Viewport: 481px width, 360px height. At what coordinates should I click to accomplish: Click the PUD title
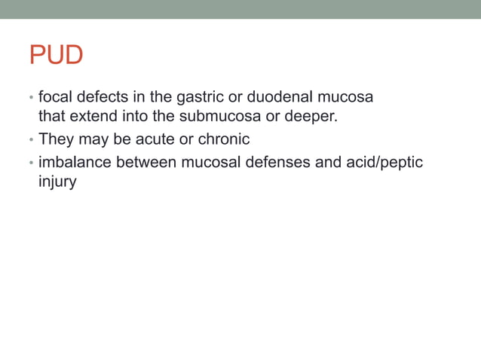56,56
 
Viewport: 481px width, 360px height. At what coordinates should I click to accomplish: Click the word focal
55,97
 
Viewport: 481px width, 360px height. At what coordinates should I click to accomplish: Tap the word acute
153,139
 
